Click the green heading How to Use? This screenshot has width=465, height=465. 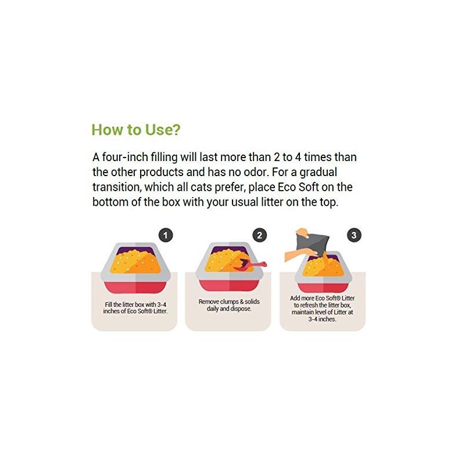click(x=136, y=130)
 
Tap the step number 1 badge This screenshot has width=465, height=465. click(x=166, y=235)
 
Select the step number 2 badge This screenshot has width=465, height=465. click(x=259, y=235)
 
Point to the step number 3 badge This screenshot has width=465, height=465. click(x=354, y=235)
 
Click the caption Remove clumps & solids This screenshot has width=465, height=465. click(x=229, y=302)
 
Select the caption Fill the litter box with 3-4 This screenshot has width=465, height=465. click(x=135, y=305)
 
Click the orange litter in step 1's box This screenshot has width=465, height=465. click(x=135, y=262)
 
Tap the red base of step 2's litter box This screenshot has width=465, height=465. click(x=229, y=285)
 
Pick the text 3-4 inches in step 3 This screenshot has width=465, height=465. click(x=322, y=319)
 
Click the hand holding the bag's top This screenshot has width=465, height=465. click(x=302, y=233)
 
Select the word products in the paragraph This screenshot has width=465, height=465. click(x=162, y=173)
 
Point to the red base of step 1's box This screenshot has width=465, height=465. click(x=135, y=287)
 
